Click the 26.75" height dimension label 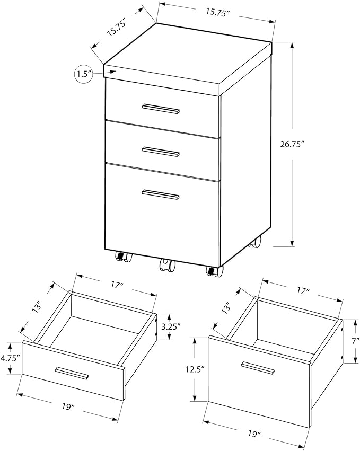(292, 144)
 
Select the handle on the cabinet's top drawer (161, 109)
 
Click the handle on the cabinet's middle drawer (161, 152)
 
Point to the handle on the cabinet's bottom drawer (161, 194)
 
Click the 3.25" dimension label (171, 326)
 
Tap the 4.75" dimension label (10, 358)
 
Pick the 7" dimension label (356, 341)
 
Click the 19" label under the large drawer (254, 441)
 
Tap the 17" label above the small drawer (117, 285)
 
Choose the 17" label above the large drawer (303, 291)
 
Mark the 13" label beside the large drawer (227, 307)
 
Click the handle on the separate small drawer (72, 373)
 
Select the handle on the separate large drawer (258, 368)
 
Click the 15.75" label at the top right (217, 12)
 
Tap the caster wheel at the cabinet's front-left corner (123, 257)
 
